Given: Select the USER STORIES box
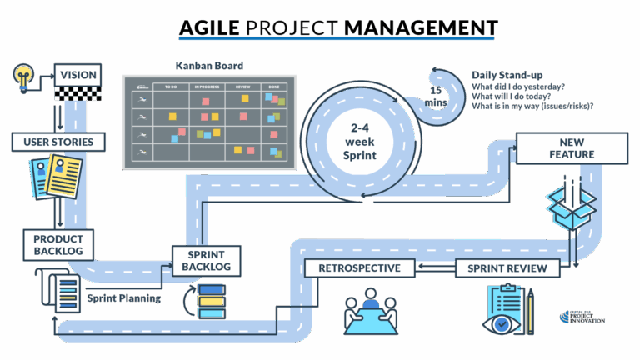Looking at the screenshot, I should tap(52, 142).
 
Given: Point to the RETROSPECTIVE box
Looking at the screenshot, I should tap(359, 268).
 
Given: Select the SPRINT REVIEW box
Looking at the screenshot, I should tap(507, 268).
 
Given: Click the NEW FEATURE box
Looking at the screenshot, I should tap(571, 148).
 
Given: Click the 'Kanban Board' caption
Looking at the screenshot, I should tap(204, 66).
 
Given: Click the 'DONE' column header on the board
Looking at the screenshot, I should tap(273, 86).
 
